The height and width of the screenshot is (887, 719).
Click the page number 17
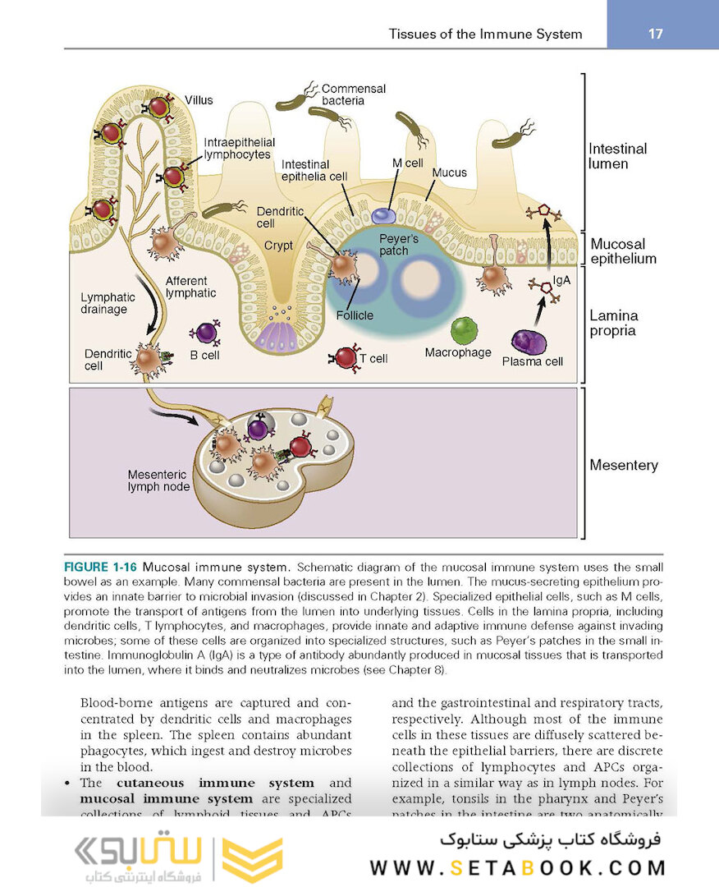coord(655,34)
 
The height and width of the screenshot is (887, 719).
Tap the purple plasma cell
coord(529,341)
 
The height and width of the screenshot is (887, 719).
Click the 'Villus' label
coord(198,100)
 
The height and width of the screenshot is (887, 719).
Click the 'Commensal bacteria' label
coord(353,94)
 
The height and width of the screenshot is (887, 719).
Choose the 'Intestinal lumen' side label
coord(617,156)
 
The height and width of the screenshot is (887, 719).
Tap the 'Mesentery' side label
coord(623,465)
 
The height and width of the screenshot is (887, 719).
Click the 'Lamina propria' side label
coord(613,323)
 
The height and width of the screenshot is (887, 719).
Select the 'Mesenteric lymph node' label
coord(158,480)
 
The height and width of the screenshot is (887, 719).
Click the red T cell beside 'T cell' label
coord(345,357)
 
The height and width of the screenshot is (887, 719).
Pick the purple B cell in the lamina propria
coord(204,333)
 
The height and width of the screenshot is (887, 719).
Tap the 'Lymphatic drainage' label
coord(103,303)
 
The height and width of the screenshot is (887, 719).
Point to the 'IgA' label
coord(562,281)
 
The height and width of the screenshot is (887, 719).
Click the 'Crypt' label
coord(278,246)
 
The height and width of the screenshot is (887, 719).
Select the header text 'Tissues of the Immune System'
coord(485,34)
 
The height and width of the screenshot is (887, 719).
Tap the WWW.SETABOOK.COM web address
coord(517,867)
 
